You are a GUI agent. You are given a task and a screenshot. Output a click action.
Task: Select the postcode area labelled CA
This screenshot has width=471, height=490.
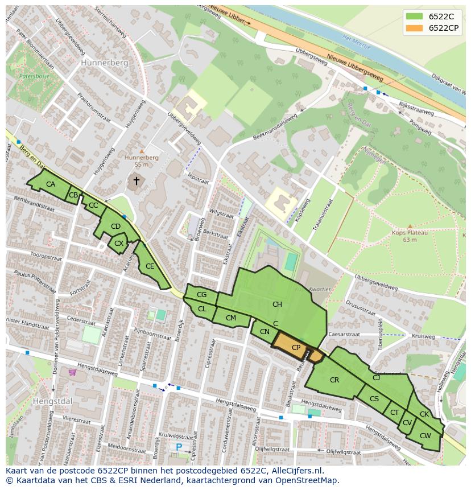click(x=50, y=184)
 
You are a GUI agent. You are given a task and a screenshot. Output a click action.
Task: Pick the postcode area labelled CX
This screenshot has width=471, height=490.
click(x=118, y=244)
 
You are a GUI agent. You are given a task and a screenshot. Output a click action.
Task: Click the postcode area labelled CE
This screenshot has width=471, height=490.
click(x=150, y=266)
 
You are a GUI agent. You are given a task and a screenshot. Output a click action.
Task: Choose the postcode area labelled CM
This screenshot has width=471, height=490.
click(x=230, y=318)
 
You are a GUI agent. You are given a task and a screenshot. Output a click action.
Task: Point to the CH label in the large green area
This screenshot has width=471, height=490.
click(x=277, y=304)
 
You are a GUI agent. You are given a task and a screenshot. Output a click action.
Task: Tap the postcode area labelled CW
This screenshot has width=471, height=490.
click(x=425, y=437)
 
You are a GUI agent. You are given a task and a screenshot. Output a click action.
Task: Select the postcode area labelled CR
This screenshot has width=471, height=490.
click(x=334, y=380)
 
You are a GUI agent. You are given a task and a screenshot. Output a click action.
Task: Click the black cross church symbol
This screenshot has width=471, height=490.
click(x=136, y=181)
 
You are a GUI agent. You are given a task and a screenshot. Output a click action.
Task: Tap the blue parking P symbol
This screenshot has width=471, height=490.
click(x=179, y=448)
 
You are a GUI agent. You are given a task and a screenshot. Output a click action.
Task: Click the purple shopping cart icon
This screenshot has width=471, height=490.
click(x=72, y=372)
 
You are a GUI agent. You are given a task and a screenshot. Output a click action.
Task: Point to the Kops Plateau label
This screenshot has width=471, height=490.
click(x=409, y=232)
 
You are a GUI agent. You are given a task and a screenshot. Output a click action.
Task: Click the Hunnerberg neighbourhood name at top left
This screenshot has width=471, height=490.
click(x=104, y=63)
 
